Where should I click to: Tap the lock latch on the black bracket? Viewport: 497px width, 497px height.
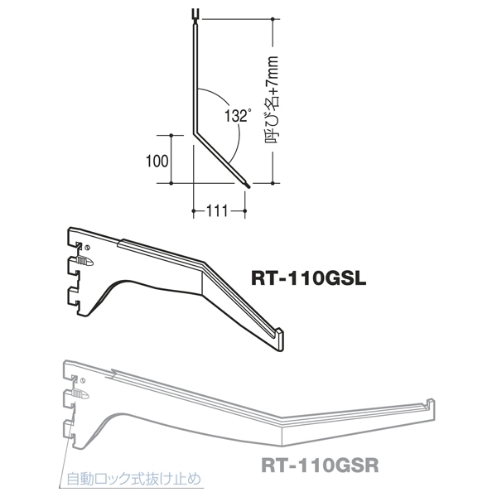(82, 261)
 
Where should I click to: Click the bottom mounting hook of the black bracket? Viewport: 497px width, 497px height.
(77, 309)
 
